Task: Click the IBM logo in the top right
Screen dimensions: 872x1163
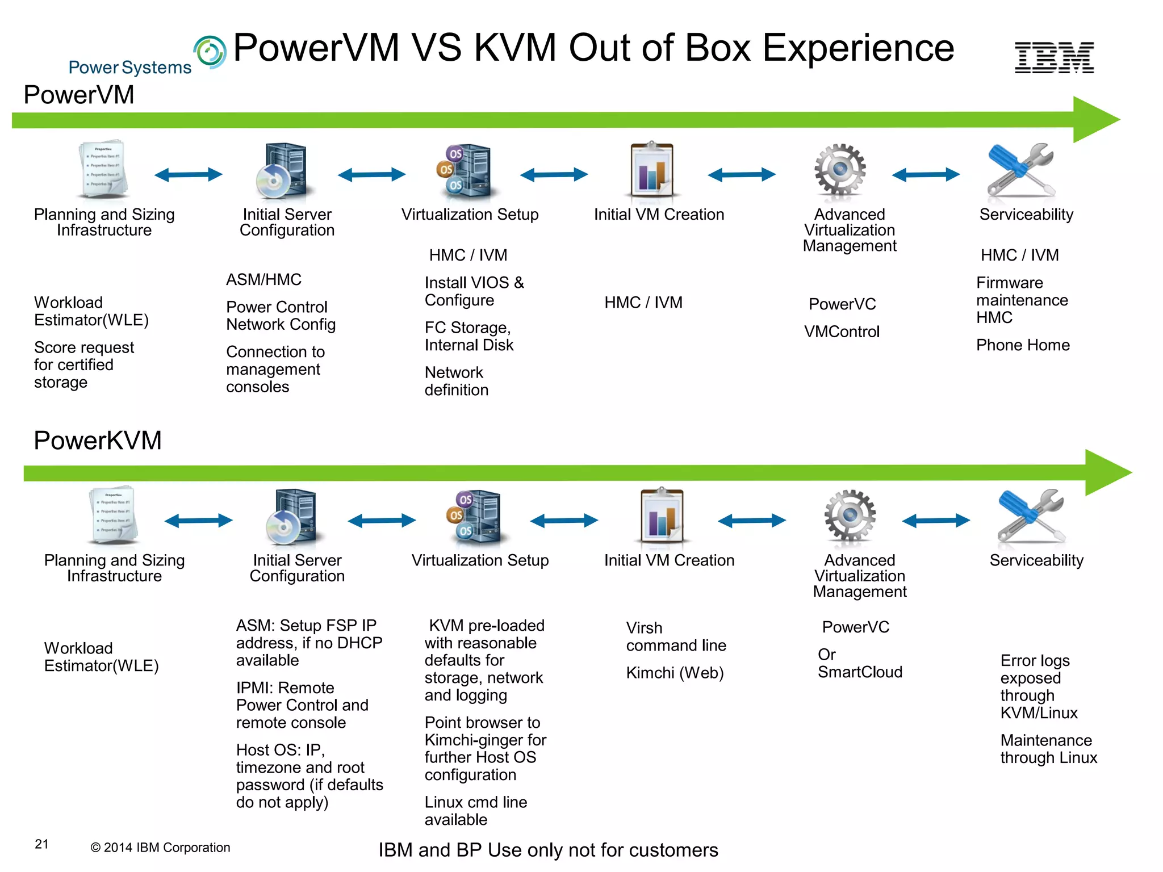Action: (x=1054, y=57)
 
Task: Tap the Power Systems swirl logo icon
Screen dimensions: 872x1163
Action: (x=210, y=52)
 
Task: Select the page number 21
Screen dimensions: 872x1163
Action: (x=41, y=844)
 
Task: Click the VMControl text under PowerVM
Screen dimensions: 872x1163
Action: (x=842, y=332)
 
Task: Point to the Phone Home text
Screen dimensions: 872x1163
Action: (x=1023, y=345)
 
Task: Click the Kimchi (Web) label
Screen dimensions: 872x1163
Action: (x=675, y=673)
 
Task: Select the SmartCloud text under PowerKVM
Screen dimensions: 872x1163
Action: (x=860, y=672)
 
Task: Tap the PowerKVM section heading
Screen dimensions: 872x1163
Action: (x=98, y=441)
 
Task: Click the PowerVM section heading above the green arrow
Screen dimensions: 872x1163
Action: (x=79, y=95)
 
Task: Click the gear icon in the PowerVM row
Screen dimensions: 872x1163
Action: (x=840, y=169)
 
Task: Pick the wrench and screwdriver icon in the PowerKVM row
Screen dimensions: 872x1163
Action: (x=1031, y=515)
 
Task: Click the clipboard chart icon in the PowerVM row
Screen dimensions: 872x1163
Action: (x=652, y=170)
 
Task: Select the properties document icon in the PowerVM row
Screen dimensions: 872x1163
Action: (x=103, y=169)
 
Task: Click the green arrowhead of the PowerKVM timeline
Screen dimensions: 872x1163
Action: (x=1107, y=472)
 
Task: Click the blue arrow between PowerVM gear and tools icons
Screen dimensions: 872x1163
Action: (x=926, y=174)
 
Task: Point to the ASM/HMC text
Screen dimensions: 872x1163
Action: (x=263, y=280)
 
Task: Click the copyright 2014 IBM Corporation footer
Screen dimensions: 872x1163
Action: (x=160, y=848)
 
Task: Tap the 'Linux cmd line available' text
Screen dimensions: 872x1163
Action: (x=475, y=811)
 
